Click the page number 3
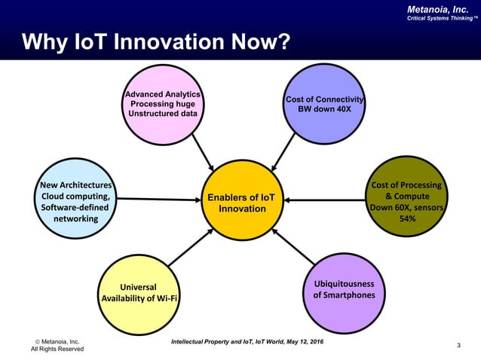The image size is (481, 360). [x=459, y=345]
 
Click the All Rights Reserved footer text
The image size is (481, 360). [x=57, y=349]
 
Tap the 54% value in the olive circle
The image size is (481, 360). [x=407, y=218]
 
